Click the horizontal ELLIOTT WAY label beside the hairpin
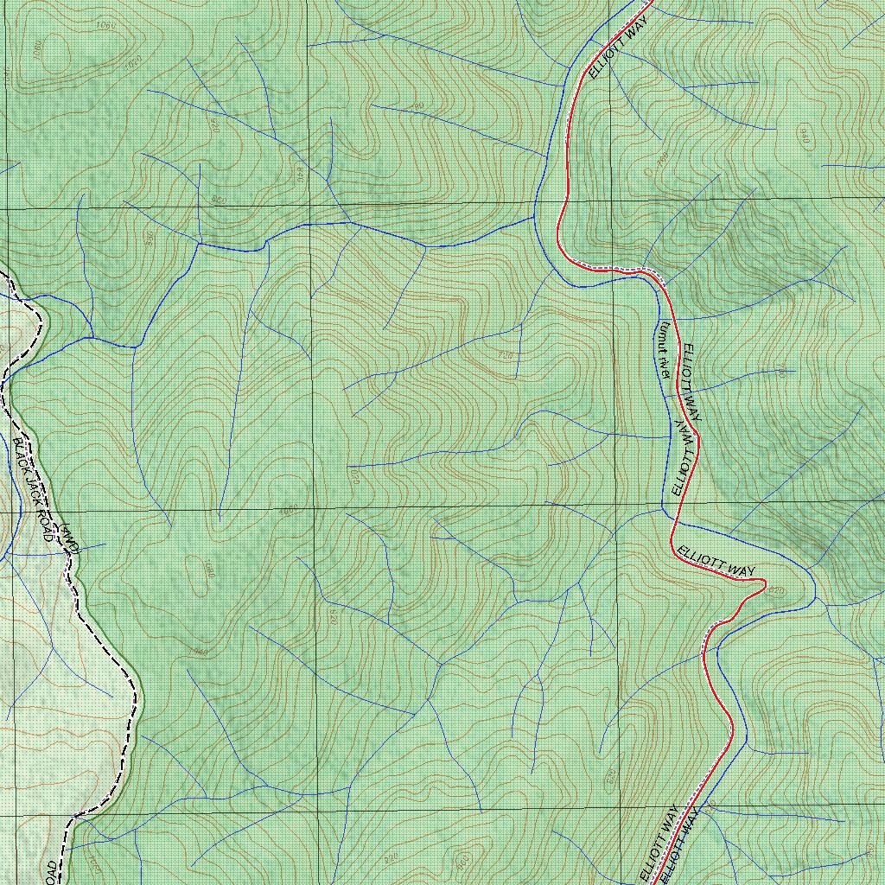point(716,561)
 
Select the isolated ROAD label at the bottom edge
point(52,871)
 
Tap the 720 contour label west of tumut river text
point(506,355)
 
